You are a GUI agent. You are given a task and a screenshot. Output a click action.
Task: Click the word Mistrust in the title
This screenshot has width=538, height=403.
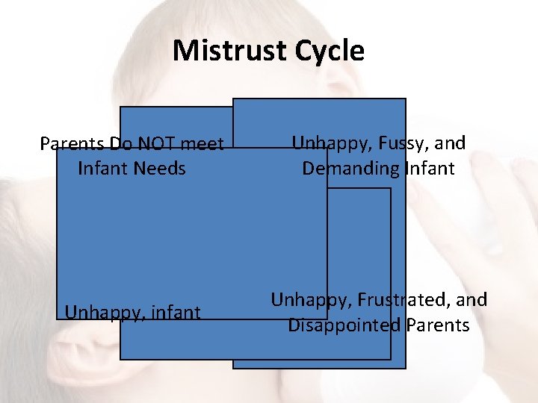coord(229,51)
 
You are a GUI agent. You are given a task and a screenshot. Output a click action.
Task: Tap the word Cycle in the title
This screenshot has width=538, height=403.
coord(330,51)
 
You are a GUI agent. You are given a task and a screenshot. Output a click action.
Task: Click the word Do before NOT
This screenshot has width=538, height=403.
coord(120,143)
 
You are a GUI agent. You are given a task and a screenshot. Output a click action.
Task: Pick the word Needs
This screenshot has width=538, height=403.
coord(161,168)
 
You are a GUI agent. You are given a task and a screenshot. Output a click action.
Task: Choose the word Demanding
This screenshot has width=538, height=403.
coord(350,168)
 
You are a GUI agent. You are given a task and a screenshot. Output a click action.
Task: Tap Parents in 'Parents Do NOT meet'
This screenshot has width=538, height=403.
coord(72,143)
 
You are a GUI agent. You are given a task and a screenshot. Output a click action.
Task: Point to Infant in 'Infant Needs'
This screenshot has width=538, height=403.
coord(104,168)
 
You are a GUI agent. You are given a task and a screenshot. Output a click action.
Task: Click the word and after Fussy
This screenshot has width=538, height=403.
coord(451,143)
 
